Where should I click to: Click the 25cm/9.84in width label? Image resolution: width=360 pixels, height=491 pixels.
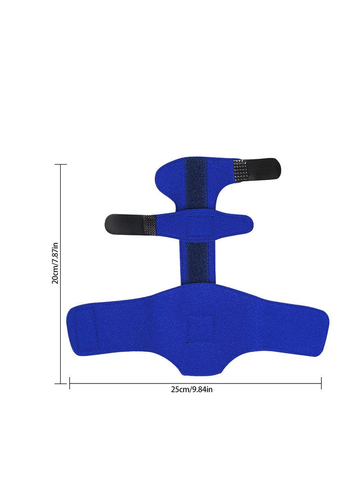tap(192, 389)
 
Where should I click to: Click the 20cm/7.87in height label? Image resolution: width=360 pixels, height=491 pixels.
tap(55, 263)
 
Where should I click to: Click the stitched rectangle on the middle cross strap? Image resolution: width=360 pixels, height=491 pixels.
tap(200, 225)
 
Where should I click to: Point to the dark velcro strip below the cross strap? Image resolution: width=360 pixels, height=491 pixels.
tap(198, 262)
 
